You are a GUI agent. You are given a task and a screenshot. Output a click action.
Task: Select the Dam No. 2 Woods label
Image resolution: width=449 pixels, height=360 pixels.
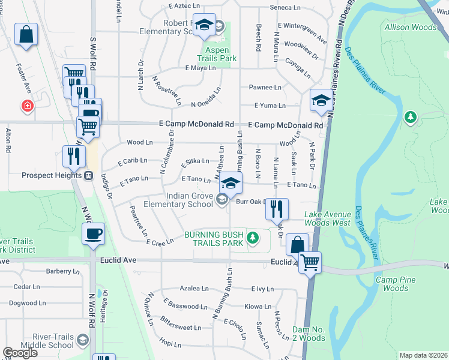[309, 334]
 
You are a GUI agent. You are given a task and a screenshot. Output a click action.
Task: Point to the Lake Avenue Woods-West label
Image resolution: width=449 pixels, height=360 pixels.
[327, 218]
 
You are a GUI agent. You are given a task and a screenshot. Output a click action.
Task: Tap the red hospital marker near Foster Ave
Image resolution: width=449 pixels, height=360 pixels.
[27, 106]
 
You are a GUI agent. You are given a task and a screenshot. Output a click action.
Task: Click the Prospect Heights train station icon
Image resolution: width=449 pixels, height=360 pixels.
[88, 176]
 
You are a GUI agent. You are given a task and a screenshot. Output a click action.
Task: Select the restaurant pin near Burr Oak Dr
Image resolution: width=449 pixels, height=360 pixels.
[276, 209]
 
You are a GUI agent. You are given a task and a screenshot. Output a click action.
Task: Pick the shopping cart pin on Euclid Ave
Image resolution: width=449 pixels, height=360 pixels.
[310, 262]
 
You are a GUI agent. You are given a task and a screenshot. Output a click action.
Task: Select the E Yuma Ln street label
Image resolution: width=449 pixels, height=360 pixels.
[269, 106]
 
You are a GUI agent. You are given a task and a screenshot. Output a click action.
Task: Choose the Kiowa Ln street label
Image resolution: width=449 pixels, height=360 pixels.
[259, 306]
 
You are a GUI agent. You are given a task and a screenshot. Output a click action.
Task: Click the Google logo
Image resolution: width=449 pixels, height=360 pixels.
[20, 353]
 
